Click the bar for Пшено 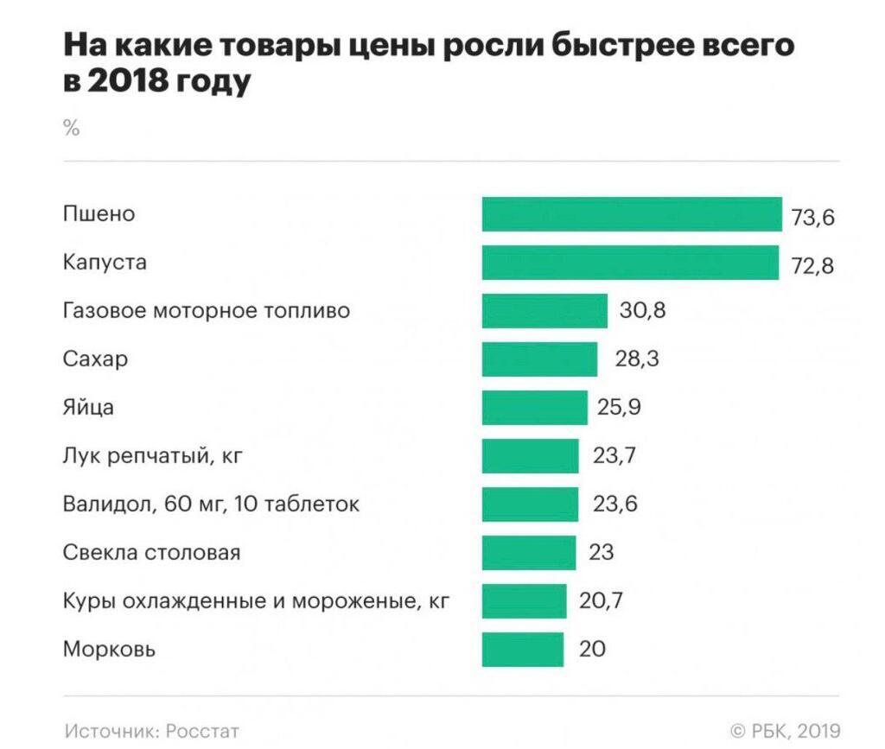click(632, 214)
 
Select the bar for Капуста click(630, 263)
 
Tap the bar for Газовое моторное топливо click(544, 311)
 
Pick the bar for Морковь click(523, 650)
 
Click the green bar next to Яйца click(534, 408)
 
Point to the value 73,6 click(812, 217)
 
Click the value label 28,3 click(637, 359)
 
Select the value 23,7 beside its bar click(614, 455)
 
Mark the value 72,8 click(812, 265)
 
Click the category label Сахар click(95, 359)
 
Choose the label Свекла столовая click(151, 552)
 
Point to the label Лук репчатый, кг click(152, 455)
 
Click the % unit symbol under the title click(71, 129)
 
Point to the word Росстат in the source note click(202, 730)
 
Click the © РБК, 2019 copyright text click(785, 730)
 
